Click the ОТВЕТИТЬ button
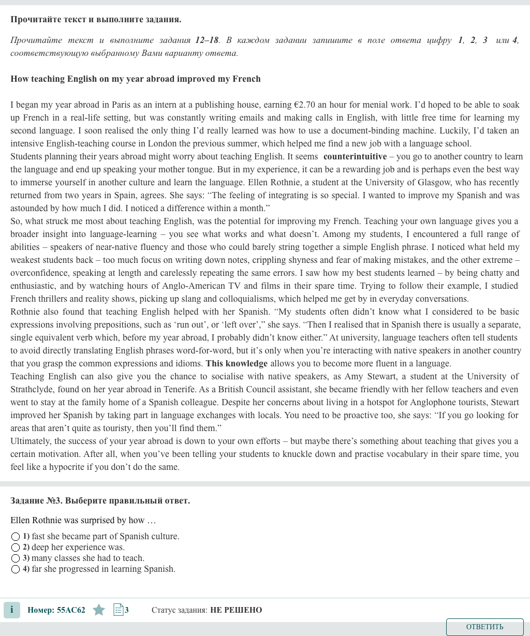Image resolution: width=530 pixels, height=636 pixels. coord(484,627)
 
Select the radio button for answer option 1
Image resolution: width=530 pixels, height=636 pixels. coord(16,537)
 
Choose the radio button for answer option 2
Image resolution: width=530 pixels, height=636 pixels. coord(16,548)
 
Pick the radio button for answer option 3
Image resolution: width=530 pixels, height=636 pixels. coord(16,558)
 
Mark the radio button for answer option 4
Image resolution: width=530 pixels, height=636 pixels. coord(16,569)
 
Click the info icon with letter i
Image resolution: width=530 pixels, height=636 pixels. coord(11,610)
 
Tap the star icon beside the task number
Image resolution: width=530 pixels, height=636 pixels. coord(99,610)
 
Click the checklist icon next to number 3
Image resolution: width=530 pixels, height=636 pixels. coord(118,610)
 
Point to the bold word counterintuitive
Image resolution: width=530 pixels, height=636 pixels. coord(355,157)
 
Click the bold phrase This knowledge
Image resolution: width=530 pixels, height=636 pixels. coord(237,364)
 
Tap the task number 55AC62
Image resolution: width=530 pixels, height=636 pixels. coord(71,610)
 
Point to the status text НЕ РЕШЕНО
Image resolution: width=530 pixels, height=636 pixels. coord(236,610)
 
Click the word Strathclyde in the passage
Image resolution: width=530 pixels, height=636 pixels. coord(32,390)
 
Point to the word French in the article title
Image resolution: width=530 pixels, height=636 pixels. coord(246,79)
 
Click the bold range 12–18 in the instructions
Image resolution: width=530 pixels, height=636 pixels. coord(207,40)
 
